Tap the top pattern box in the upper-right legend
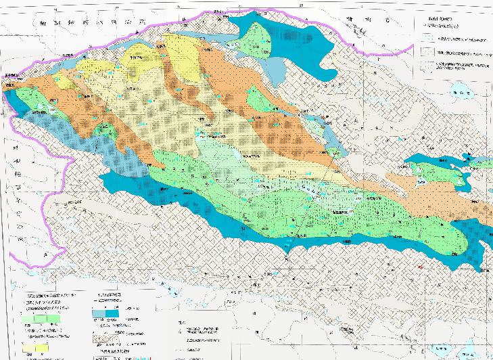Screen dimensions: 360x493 point(429,39)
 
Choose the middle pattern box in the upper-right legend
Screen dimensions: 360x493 point(429,52)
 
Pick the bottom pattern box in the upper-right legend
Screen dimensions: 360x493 point(429,66)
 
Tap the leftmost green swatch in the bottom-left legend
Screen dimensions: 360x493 point(30,317)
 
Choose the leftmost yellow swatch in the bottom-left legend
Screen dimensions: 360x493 point(30,348)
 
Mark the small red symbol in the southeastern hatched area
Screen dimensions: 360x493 point(420,268)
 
